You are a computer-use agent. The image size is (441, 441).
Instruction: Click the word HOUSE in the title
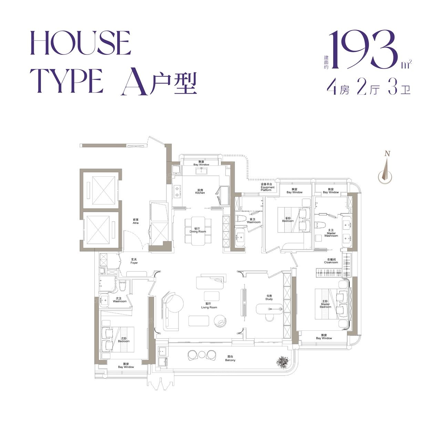click(81, 43)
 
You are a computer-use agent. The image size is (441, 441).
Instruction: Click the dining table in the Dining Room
click(198, 232)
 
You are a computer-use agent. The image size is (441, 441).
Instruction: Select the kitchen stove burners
click(177, 192)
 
